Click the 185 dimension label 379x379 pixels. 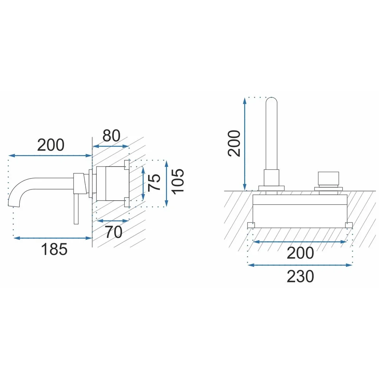click(54, 249)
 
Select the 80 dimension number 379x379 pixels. click(111, 136)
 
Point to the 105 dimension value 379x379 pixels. click(178, 181)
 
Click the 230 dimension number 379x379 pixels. click(300, 277)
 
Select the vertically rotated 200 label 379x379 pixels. click(234, 143)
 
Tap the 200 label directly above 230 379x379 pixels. click(300, 253)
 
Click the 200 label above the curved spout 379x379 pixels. click(51, 145)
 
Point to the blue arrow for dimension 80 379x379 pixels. click(111, 146)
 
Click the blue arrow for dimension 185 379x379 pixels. click(53, 238)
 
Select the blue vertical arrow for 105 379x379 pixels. click(166, 184)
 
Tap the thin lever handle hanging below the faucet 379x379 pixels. click(76, 208)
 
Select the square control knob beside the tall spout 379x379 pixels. click(328, 178)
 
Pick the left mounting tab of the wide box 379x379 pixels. click(251, 225)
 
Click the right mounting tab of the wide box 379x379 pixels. click(349, 225)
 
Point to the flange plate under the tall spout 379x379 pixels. click(271, 188)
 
